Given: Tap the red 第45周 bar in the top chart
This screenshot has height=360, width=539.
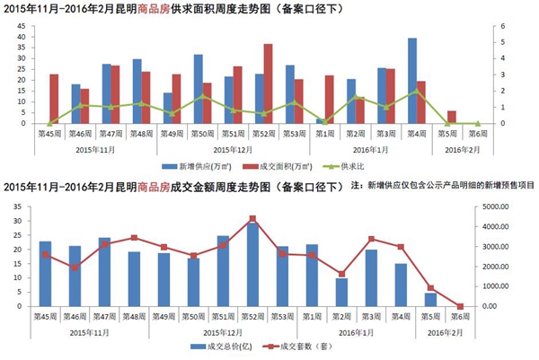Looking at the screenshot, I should (54, 99).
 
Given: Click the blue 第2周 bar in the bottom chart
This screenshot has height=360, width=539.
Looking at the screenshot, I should (341, 293).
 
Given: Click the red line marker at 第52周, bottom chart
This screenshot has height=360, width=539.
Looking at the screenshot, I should (252, 218).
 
